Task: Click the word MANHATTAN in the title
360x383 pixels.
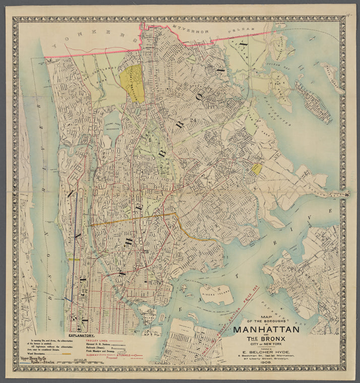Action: point(266,330)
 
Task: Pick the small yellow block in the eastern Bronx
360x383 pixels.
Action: point(257,169)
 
